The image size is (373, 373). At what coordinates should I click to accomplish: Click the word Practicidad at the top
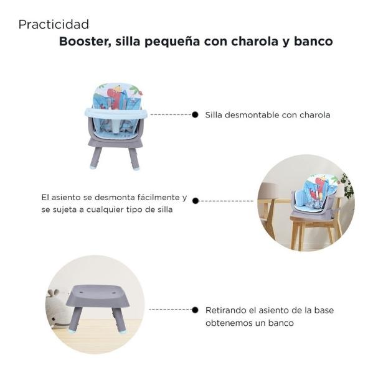coord(54,25)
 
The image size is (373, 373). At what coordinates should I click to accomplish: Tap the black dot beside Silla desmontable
coord(195,114)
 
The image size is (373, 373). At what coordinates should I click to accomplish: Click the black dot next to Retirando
coord(195,309)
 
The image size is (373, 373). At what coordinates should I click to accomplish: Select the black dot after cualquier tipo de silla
coord(195,201)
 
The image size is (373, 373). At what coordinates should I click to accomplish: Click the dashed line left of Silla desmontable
coord(171,114)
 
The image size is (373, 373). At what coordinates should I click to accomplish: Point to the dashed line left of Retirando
coord(171,309)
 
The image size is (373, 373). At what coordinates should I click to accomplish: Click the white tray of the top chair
coord(116,113)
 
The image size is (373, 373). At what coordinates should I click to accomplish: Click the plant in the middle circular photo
coord(346,185)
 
